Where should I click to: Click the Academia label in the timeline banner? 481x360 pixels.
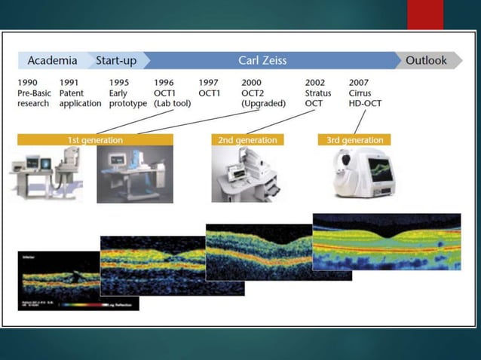click(52, 60)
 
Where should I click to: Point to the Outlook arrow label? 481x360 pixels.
click(427, 60)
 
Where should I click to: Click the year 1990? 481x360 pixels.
click(28, 82)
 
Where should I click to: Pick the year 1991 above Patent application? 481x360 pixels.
click(69, 82)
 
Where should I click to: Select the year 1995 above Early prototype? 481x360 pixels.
click(119, 82)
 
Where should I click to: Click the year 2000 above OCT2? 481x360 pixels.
click(252, 82)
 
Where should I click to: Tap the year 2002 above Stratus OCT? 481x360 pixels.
click(316, 82)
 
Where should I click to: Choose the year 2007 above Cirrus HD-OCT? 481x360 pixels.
click(360, 82)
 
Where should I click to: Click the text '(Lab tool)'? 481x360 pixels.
click(172, 103)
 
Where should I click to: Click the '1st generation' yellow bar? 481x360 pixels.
click(95, 140)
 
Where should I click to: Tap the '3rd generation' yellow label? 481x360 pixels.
click(354, 140)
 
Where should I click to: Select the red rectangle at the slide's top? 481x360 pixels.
click(425, 14)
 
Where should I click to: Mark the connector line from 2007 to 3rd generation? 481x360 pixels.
click(360, 121)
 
